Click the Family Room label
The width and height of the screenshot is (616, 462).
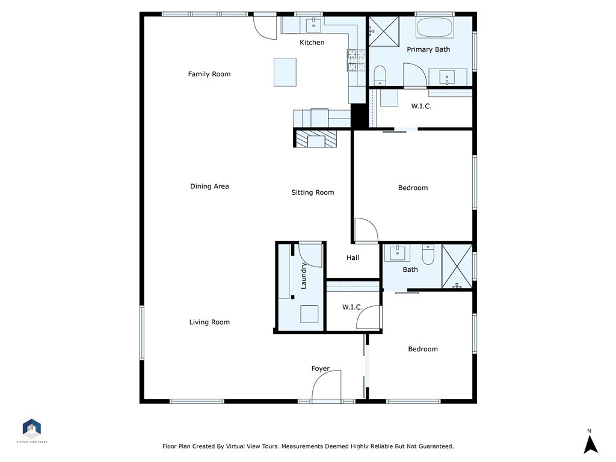(209, 74)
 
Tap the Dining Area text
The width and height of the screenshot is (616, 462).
(209, 186)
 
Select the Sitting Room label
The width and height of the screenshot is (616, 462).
(312, 192)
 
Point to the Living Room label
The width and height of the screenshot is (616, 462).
(209, 322)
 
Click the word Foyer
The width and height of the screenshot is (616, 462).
(320, 369)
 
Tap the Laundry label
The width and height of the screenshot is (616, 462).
(304, 276)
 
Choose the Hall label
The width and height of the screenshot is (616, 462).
(353, 257)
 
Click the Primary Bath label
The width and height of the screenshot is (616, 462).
(428, 49)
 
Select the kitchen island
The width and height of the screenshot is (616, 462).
(285, 72)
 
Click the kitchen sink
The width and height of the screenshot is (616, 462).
(314, 25)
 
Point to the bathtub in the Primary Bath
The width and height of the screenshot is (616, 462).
(434, 28)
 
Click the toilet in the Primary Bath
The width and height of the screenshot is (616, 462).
(380, 75)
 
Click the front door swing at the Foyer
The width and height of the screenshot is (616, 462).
(328, 385)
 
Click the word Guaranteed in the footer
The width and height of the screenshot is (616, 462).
(432, 446)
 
